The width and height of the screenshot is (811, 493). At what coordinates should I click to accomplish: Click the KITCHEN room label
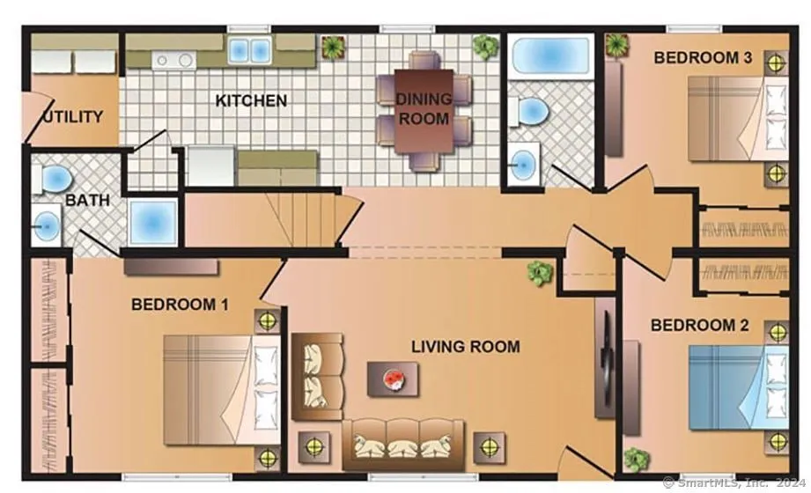pos(251,100)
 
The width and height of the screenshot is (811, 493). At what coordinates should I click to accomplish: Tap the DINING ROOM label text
pos(424,108)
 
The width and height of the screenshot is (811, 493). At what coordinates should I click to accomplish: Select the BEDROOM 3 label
pos(703,57)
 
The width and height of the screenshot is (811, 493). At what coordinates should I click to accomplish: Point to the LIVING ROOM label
pos(466,346)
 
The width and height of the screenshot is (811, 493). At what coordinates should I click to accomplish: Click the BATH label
pos(87,200)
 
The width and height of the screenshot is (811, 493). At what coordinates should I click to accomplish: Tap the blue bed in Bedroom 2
pos(739,387)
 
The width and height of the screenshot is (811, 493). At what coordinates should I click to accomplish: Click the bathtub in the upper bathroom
pos(551,55)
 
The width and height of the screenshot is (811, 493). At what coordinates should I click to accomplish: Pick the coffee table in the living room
pos(393,379)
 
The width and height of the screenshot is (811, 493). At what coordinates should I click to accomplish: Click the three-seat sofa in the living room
pos(403,444)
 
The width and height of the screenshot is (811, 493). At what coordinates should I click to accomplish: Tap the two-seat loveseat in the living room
pos(317,376)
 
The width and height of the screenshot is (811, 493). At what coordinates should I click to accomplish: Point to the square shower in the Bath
pos(152,223)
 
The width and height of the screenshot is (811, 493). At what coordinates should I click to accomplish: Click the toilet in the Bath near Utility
pos(52,179)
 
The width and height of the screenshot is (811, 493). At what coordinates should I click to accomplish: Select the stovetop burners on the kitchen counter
pos(174,60)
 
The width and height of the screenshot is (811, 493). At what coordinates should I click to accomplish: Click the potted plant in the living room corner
pos(540,272)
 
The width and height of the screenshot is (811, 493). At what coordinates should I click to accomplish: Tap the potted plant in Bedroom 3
pos(616,45)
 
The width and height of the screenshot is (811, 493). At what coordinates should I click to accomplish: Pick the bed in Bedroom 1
pos(221,389)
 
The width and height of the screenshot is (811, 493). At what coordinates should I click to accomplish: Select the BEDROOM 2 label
pos(699,326)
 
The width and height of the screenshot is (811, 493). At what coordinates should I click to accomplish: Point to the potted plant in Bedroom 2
pos(636,460)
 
